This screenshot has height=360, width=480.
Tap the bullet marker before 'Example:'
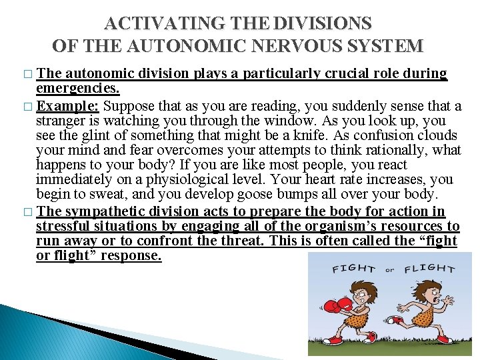click(x=26, y=107)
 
